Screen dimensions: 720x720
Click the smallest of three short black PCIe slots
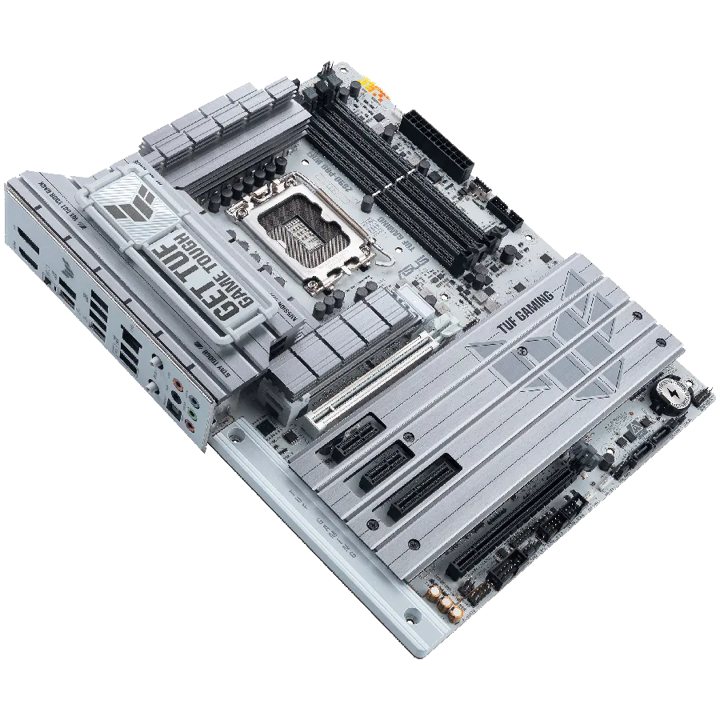(353, 436)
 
